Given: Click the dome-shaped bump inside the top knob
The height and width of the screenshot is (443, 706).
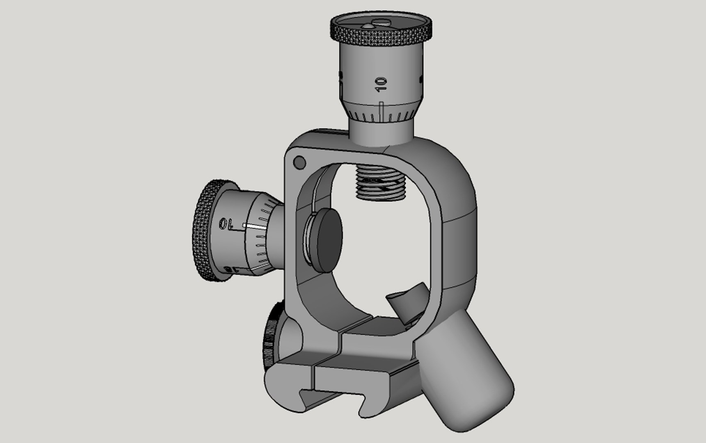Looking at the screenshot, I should click(x=367, y=25).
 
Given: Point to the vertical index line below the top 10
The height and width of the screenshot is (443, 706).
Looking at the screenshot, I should click(x=382, y=112).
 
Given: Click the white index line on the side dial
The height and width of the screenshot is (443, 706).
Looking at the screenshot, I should click(x=254, y=225).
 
